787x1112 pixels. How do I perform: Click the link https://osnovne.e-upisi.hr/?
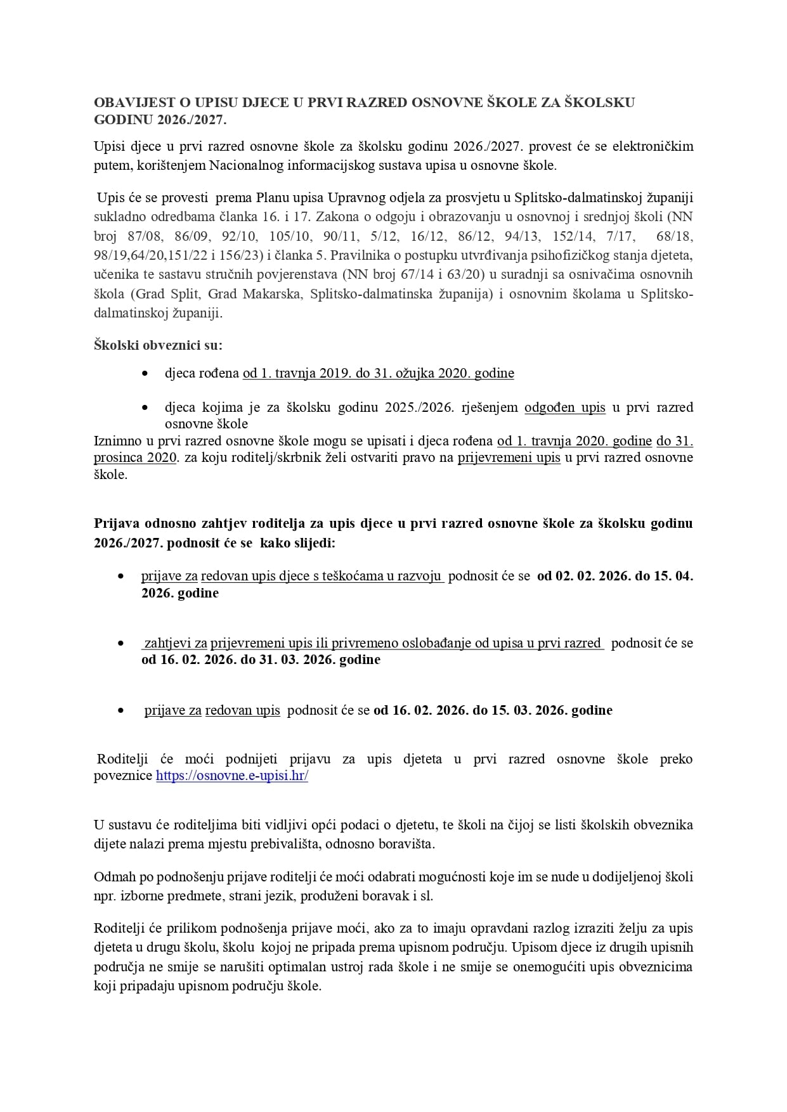pyautogui.click(x=231, y=776)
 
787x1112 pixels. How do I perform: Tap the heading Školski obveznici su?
pyautogui.click(x=158, y=345)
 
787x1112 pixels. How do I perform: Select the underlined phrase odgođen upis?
pyautogui.click(x=564, y=407)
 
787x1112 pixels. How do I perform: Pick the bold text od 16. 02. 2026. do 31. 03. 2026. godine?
pyautogui.click(x=261, y=660)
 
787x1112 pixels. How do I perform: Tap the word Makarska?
pyautogui.click(x=275, y=294)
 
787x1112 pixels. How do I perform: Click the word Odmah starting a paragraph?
pyautogui.click(x=112, y=877)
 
